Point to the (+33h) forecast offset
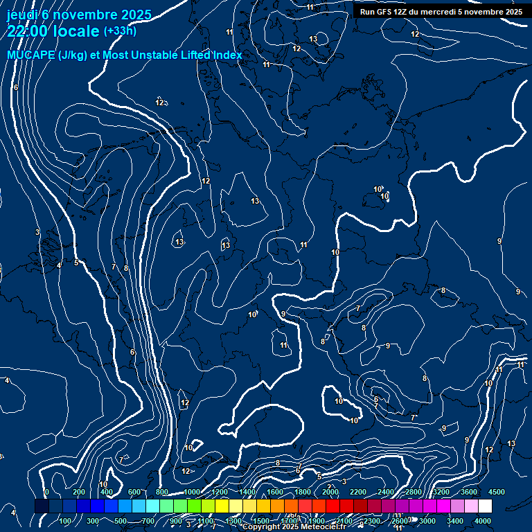(120, 31)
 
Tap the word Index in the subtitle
(228, 55)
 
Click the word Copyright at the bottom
(263, 527)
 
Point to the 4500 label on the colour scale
(497, 492)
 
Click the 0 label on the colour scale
(46, 492)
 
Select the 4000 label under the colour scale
(483, 521)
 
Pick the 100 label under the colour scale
(65, 521)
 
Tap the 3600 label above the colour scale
(469, 492)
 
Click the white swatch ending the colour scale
(485, 506)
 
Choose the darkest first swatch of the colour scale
(42, 506)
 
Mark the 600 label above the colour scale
(134, 492)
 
